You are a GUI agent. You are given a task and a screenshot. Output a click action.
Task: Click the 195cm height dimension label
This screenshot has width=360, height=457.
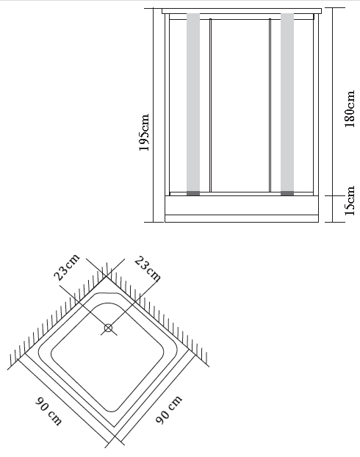click(144, 132)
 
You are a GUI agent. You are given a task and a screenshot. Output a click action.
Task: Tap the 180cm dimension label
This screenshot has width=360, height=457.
click(350, 109)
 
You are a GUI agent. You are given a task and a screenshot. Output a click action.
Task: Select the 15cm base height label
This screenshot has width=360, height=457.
click(350, 201)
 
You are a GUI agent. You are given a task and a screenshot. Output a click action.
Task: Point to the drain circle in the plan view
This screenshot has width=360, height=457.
click(108, 328)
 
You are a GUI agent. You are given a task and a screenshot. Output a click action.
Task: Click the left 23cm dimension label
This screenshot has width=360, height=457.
click(67, 267)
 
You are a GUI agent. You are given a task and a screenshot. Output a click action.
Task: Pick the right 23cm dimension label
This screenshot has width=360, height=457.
click(148, 269)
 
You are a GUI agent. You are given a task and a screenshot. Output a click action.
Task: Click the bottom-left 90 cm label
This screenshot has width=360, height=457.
click(48, 411)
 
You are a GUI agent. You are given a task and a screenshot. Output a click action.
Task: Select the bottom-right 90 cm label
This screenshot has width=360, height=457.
click(169, 409)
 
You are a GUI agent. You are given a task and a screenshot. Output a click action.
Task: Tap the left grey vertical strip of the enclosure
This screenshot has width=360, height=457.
click(193, 102)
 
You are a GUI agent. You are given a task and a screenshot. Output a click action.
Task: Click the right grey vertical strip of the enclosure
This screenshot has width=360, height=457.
click(287, 102)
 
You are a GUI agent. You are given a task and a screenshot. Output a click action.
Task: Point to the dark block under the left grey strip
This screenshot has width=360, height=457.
click(193, 193)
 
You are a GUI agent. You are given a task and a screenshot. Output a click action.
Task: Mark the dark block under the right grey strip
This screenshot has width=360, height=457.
click(287, 193)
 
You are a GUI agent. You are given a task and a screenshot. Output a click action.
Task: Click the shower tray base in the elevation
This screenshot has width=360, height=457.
click(242, 209)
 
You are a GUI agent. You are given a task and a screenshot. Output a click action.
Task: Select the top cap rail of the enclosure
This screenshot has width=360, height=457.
click(242, 11)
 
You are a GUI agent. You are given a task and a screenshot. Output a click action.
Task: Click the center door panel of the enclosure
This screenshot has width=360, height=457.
click(240, 106)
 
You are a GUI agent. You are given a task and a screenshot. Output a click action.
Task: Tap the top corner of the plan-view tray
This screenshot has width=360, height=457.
click(107, 278)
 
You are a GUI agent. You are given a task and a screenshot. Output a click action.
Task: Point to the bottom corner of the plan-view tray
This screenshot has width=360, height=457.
click(115, 436)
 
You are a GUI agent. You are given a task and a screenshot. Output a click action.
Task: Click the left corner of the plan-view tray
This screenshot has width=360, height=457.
click(25, 353)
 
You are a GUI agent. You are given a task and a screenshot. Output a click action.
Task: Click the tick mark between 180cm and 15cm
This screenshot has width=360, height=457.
click(333, 196)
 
